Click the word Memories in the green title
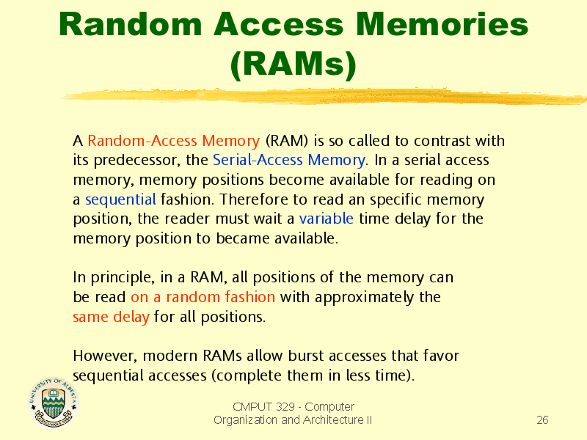442,24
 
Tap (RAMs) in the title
293,65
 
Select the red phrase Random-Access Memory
174,141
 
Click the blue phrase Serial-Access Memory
288,160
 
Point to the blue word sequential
120,199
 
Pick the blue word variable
326,219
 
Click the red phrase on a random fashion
203,297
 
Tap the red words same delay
112,317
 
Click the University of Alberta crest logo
54,402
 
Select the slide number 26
542,420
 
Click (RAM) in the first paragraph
287,141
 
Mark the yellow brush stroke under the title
323,97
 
